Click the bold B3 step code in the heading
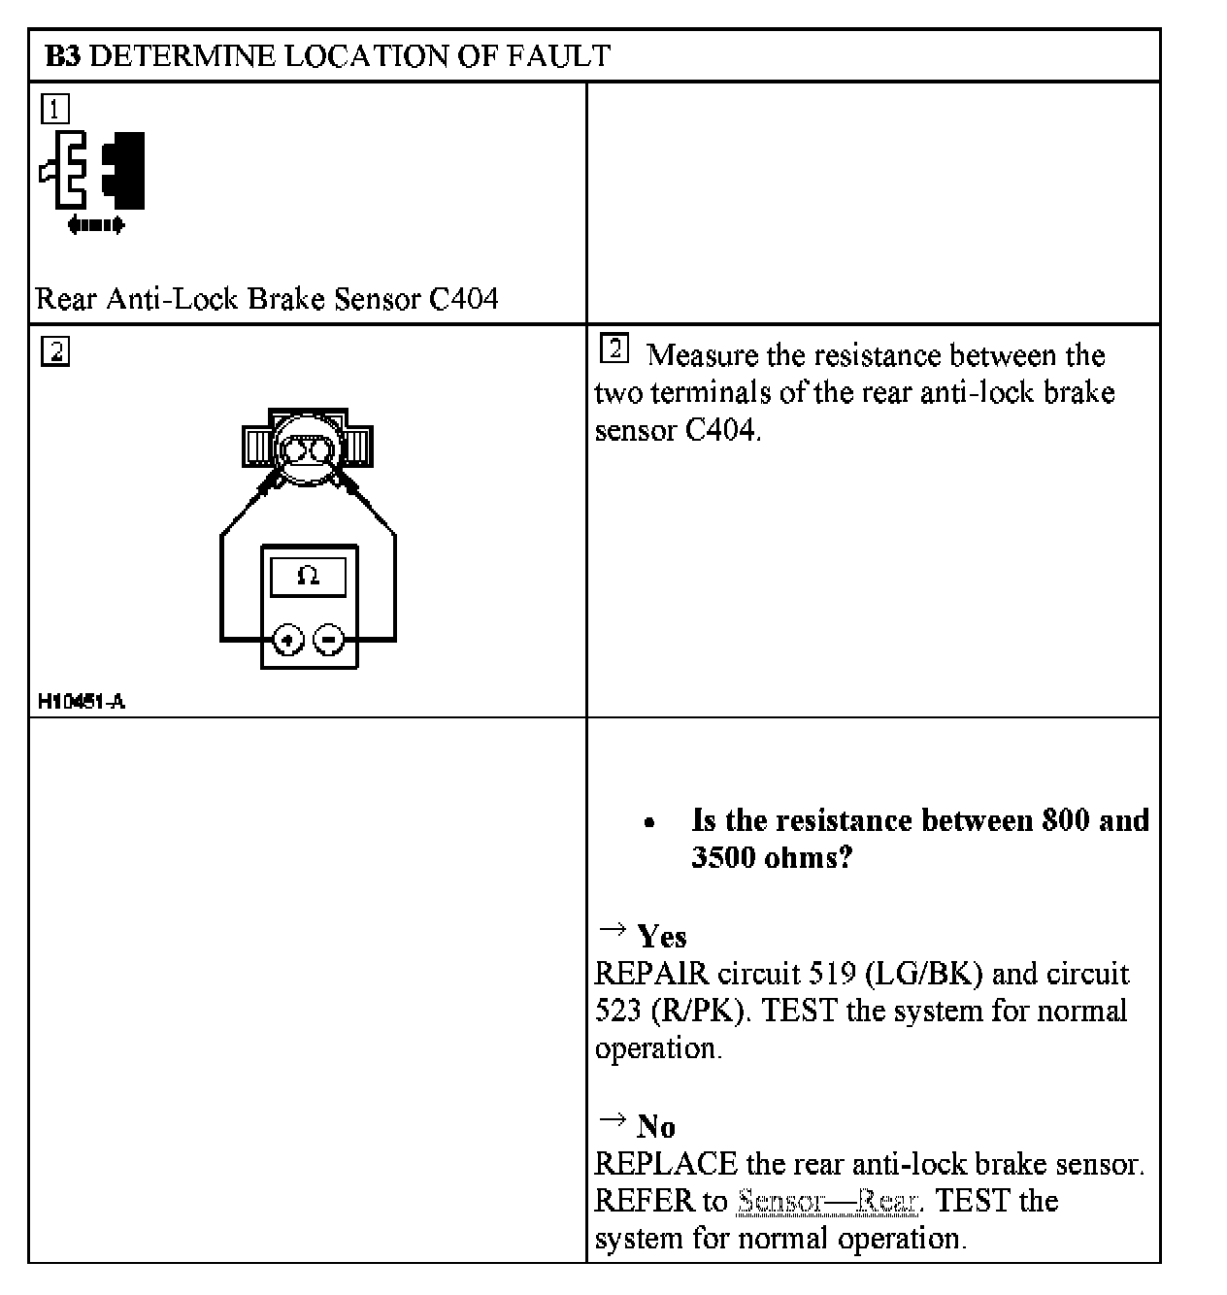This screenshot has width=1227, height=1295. click(63, 56)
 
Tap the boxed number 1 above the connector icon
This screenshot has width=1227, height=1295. click(55, 109)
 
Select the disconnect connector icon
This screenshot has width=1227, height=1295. click(92, 171)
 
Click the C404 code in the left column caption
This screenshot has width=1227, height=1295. click(463, 298)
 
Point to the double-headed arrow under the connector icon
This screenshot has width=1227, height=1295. click(96, 225)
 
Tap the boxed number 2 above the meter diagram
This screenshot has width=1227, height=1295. click(55, 351)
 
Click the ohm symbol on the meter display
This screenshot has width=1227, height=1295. click(308, 577)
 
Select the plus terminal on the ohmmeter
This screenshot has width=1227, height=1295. click(288, 640)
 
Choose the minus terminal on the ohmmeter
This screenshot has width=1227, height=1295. click(329, 640)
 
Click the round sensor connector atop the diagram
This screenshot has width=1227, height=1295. click(308, 448)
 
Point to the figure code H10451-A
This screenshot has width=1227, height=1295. click(82, 701)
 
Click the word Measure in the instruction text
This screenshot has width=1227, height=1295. click(703, 355)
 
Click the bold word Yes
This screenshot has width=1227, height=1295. click(661, 937)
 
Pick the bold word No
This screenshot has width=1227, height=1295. click(656, 1127)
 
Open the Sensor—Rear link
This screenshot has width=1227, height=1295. click(827, 1202)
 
